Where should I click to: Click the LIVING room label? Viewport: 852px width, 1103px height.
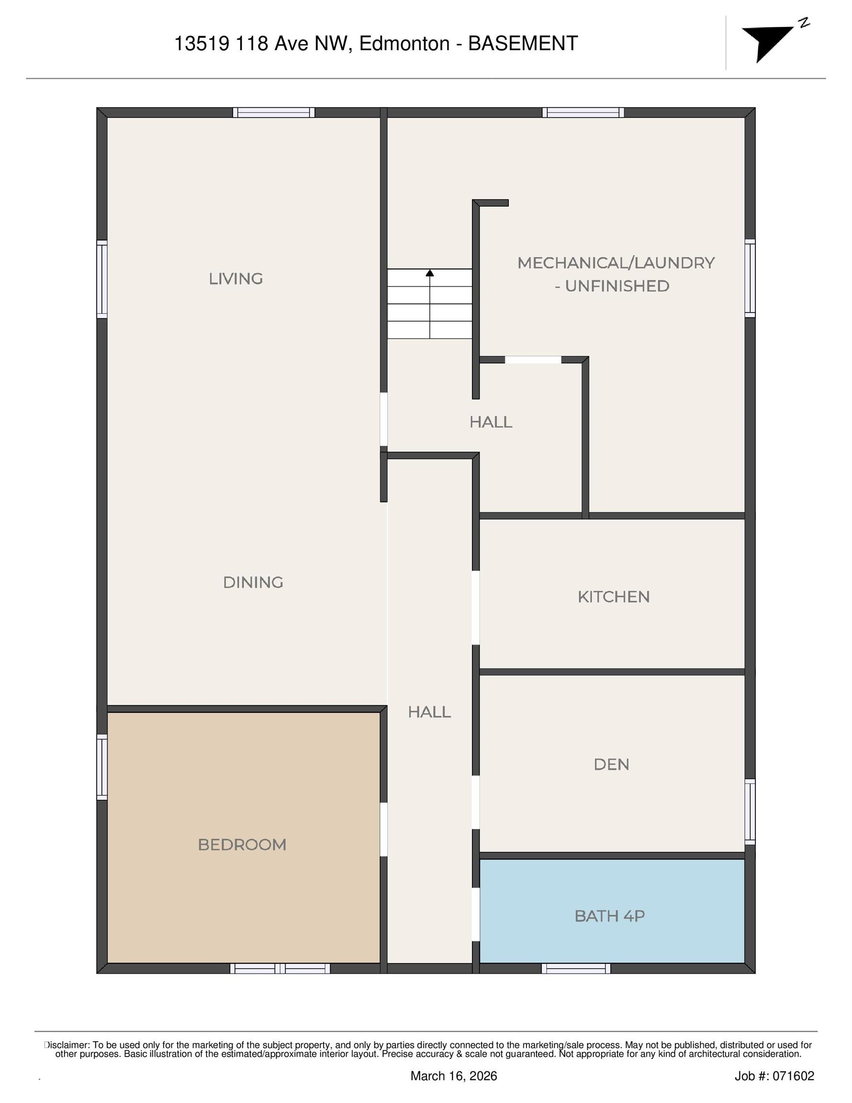[x=236, y=279]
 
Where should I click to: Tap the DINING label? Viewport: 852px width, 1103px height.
[x=253, y=582]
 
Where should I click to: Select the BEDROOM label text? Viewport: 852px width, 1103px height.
[x=242, y=844]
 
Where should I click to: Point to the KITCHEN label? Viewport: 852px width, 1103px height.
[x=614, y=597]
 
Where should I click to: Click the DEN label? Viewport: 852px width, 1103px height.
[x=612, y=764]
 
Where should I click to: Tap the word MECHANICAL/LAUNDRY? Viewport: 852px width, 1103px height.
[x=616, y=263]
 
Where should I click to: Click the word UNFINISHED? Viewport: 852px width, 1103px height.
[x=617, y=286]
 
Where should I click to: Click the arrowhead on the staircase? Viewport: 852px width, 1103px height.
[x=430, y=273]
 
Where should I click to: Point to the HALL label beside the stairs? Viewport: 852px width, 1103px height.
[x=491, y=422]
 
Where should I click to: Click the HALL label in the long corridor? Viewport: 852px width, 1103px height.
[x=429, y=712]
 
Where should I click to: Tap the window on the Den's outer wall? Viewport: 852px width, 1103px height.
[x=750, y=811]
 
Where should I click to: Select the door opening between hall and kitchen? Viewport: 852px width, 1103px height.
[x=475, y=608]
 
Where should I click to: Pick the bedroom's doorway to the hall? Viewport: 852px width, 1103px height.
[x=383, y=829]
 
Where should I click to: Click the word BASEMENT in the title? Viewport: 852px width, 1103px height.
[x=523, y=44]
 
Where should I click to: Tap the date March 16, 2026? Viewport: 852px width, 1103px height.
[x=454, y=1076]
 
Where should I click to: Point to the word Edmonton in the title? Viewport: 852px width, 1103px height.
[x=404, y=44]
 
